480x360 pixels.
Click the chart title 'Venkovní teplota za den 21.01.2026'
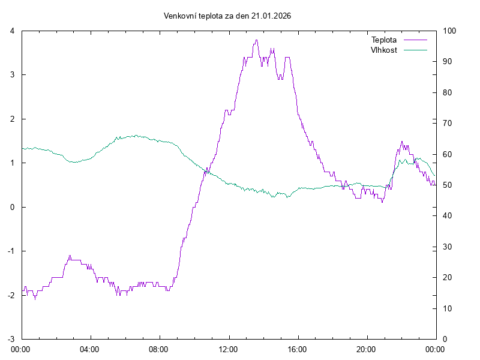227,16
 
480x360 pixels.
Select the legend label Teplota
384,40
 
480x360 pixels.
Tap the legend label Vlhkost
384,50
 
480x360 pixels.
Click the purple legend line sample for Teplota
415,40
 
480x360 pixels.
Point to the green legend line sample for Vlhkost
415,50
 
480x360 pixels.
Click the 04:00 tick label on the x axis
90,349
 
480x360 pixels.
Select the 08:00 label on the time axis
159,349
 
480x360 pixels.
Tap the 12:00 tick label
228,349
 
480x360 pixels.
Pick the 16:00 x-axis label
297,349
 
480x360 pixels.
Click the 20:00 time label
366,349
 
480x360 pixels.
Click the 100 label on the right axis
449,31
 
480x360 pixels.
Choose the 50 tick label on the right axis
447,185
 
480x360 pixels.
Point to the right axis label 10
447,308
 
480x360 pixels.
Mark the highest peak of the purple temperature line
256,40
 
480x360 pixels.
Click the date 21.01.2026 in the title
271,16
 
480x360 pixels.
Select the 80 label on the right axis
447,92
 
